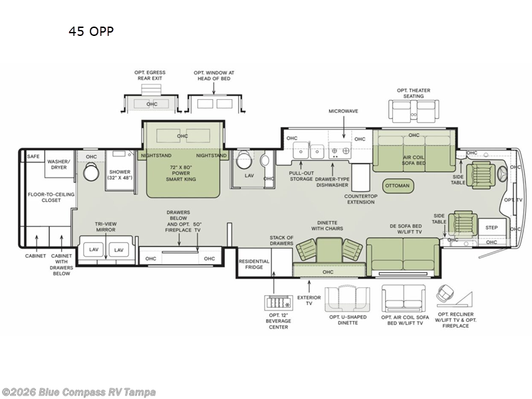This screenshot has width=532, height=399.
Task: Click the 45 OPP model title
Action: pyautogui.click(x=91, y=31)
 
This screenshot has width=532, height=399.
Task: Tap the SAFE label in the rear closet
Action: pyautogui.click(x=33, y=156)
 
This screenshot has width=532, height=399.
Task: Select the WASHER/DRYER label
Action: pyautogui.click(x=59, y=164)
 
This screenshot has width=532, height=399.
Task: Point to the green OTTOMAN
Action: pyautogui.click(x=397, y=186)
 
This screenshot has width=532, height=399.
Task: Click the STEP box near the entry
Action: pyautogui.click(x=491, y=227)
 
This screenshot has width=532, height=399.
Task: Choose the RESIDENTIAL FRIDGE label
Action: pyautogui.click(x=254, y=264)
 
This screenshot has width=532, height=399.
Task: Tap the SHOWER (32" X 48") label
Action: pyautogui.click(x=120, y=175)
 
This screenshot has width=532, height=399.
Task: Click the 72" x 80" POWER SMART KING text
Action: pyautogui.click(x=181, y=173)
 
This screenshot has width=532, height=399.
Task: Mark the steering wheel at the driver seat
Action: pyautogui.click(x=503, y=175)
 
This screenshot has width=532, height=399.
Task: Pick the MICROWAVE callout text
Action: pyautogui.click(x=343, y=111)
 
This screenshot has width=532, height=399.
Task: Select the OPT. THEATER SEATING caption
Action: pyautogui.click(x=414, y=93)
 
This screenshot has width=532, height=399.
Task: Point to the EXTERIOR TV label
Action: pyautogui.click(x=309, y=301)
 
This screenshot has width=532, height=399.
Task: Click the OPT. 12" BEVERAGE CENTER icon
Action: pyautogui.click(x=279, y=303)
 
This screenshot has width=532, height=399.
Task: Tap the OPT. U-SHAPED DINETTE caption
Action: pyautogui.click(x=348, y=320)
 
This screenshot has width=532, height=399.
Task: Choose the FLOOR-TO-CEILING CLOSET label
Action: pyautogui.click(x=51, y=197)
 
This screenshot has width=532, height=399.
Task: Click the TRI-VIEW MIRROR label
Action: pyautogui.click(x=106, y=227)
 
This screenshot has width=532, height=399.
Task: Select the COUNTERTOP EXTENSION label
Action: pyautogui.click(x=360, y=199)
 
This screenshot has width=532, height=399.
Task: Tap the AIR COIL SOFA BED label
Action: pyautogui.click(x=414, y=160)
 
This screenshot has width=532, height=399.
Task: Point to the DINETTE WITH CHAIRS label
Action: pyautogui.click(x=327, y=225)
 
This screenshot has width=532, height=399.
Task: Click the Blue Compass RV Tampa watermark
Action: pyautogui.click(x=78, y=392)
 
